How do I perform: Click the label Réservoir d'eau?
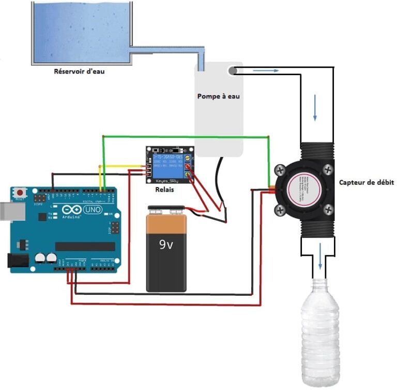point(79,71)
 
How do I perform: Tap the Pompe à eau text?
point(218,96)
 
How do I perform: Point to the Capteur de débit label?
point(367,182)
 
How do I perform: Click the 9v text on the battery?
point(166,244)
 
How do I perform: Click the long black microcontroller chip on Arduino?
point(85,246)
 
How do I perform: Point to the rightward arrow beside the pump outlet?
point(262,70)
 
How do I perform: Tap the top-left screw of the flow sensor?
point(281,170)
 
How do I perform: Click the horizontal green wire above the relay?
point(186,137)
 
